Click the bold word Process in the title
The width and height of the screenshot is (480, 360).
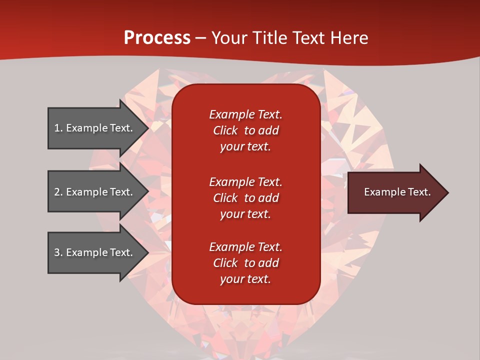pyautogui.click(x=157, y=38)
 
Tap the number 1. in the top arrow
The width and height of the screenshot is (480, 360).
pyautogui.click(x=58, y=128)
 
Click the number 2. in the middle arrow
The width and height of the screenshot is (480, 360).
pyautogui.click(x=58, y=192)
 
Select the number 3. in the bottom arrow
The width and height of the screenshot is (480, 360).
pyautogui.click(x=58, y=252)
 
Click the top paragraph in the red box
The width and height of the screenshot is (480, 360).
pyautogui.click(x=245, y=130)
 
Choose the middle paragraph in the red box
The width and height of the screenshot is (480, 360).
pyautogui.click(x=245, y=198)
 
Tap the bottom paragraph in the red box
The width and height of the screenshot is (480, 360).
pyautogui.click(x=245, y=263)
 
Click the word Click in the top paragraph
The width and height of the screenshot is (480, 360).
pyautogui.click(x=225, y=130)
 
